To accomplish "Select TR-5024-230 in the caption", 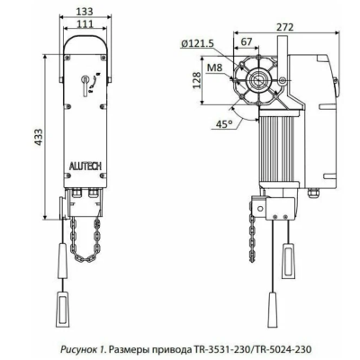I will [x=289, y=348].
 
